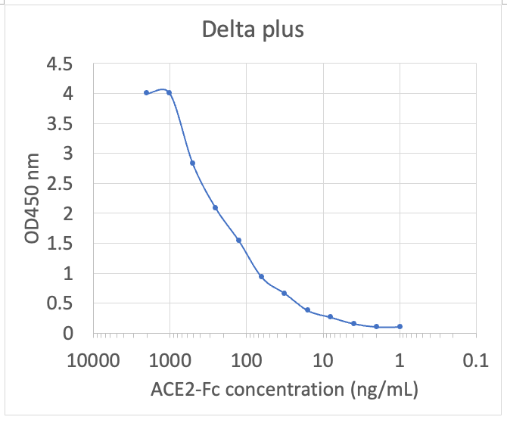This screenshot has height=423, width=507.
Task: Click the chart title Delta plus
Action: [x=253, y=30]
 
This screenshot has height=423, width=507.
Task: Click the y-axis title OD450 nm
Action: [x=33, y=200]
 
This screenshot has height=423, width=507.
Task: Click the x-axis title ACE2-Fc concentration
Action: [x=284, y=390]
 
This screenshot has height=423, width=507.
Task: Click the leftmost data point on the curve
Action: [x=146, y=92]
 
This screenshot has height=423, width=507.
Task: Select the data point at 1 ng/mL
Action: [x=400, y=326]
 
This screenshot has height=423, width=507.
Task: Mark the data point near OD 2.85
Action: [x=192, y=163]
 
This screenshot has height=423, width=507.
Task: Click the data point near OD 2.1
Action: [x=215, y=207]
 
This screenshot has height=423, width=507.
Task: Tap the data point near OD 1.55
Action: [x=238, y=240]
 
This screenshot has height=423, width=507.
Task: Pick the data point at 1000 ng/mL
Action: [x=169, y=92]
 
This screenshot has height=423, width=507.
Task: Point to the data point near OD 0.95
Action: [x=261, y=276]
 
